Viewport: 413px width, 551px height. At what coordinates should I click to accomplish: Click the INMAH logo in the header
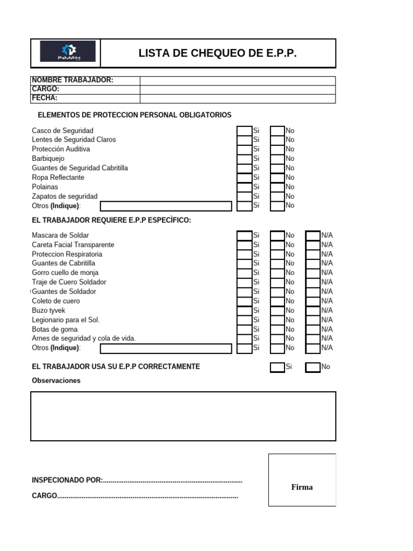click(68, 52)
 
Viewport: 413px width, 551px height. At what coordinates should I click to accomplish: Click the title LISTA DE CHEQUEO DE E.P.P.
click(217, 53)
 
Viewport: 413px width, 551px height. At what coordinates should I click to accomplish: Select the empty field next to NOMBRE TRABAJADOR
click(237, 81)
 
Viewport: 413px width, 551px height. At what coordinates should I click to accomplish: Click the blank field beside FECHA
click(237, 98)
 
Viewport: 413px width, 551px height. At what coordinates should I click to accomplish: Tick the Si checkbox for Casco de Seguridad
click(244, 130)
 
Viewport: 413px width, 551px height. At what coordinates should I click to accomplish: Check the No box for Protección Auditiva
click(277, 149)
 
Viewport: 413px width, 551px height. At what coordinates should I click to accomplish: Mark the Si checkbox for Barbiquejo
click(244, 159)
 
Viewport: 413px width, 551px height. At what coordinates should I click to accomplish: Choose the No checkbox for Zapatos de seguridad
click(277, 196)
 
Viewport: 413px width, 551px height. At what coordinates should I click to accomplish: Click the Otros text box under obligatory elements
click(166, 206)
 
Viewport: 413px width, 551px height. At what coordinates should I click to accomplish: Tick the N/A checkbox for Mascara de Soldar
click(312, 235)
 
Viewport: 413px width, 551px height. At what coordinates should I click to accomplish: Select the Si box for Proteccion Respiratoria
click(244, 254)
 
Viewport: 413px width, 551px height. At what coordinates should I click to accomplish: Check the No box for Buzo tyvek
click(277, 310)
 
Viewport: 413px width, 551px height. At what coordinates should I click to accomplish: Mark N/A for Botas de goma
click(312, 329)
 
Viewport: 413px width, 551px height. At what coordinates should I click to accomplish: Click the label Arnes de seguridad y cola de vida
click(84, 338)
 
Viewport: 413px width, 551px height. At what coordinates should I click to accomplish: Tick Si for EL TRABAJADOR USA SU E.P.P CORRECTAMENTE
click(277, 367)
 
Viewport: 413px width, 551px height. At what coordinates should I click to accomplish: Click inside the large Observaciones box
click(183, 416)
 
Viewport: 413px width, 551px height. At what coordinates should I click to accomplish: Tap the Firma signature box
click(302, 480)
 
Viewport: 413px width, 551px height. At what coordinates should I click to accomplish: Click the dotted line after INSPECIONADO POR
click(172, 480)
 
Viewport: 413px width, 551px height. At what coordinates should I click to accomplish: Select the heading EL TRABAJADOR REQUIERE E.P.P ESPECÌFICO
click(111, 221)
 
